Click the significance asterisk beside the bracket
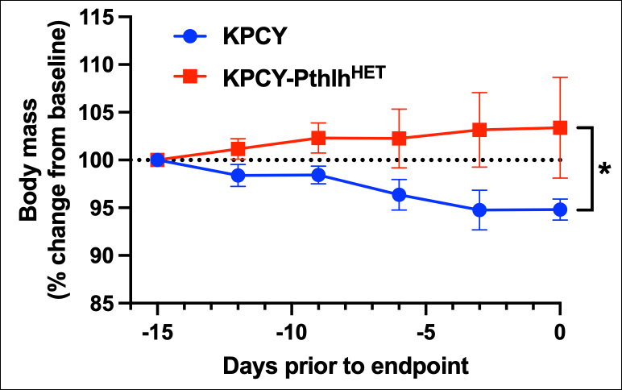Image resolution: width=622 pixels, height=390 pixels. pos(604,171)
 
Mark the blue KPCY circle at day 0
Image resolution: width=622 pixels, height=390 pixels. pos(560,210)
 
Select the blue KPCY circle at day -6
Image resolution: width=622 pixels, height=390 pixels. pos(399,194)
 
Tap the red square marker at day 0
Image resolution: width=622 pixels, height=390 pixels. pos(560,127)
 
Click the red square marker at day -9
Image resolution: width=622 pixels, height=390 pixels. pos(318,138)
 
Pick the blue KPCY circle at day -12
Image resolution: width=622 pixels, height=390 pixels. pos(238,175)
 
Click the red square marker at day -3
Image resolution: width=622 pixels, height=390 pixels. pos(479,130)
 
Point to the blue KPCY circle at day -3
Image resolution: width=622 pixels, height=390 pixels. pos(479,210)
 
